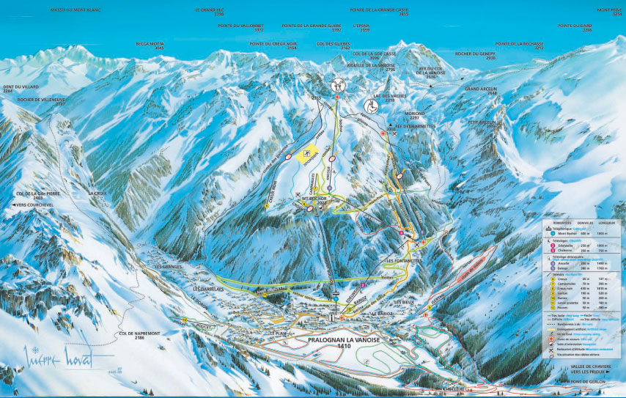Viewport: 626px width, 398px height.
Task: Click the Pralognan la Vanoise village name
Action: (339, 341)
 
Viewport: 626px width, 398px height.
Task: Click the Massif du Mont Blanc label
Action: (75, 10)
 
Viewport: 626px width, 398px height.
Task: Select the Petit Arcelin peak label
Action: (482, 123)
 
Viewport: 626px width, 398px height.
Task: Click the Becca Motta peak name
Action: (150, 44)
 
